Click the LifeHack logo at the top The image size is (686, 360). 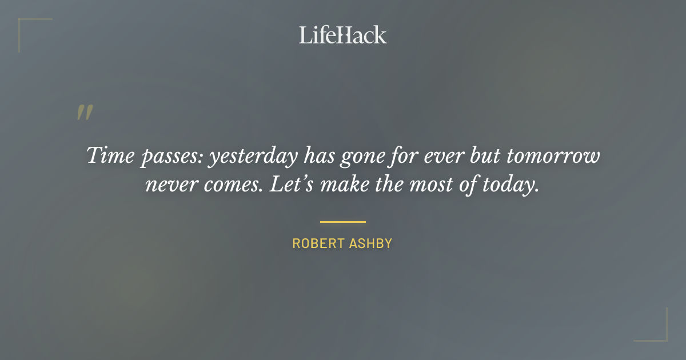[x=342, y=35]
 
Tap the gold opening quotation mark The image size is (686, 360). [x=84, y=113]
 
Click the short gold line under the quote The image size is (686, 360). [x=342, y=221]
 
